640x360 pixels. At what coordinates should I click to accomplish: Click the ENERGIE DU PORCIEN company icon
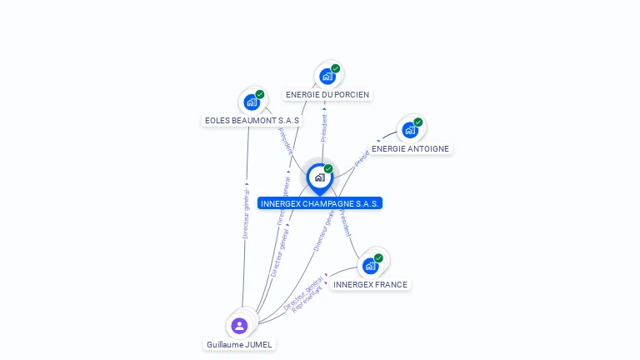pos(327,77)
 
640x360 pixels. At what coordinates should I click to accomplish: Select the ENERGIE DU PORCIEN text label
pos(327,95)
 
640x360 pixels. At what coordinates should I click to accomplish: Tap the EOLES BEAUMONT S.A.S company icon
pos(251,102)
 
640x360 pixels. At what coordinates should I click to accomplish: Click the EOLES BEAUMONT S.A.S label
pos(252,121)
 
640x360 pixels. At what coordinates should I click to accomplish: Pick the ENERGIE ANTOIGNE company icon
pos(409,130)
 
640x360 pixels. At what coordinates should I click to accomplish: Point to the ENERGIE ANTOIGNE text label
pos(410,149)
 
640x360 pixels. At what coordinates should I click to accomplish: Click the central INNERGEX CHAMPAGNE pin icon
pos(319,177)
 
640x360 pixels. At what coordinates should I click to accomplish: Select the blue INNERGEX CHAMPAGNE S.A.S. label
pos(320,203)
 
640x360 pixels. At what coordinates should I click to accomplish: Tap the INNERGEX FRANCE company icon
pos(370,266)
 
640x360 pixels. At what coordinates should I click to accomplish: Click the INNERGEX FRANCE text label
pos(370,285)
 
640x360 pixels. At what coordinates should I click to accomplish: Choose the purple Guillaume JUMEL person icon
pos(239,325)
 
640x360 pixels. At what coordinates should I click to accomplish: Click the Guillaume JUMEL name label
pos(239,344)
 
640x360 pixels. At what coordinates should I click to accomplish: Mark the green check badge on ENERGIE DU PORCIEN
pos(335,68)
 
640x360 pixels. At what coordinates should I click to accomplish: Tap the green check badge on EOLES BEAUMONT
pos(260,94)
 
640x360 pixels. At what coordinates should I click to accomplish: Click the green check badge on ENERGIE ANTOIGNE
pos(417,122)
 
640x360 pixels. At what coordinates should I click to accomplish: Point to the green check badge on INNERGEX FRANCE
pos(378,257)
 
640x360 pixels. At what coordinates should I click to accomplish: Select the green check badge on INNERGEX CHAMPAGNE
pos(328,168)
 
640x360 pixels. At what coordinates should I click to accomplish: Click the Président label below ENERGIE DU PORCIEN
pos(324,126)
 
